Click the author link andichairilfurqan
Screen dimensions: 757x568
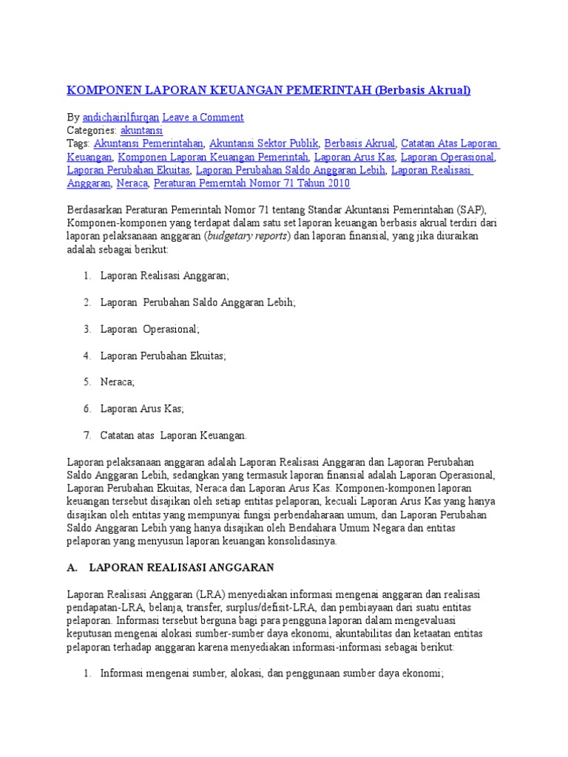tap(121, 118)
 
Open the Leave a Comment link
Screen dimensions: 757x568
tap(203, 118)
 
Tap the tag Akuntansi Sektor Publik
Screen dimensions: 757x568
tap(263, 143)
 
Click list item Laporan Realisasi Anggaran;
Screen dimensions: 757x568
tap(165, 276)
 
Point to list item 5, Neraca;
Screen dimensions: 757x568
tap(118, 382)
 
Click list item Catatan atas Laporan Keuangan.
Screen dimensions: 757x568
tap(174, 435)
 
